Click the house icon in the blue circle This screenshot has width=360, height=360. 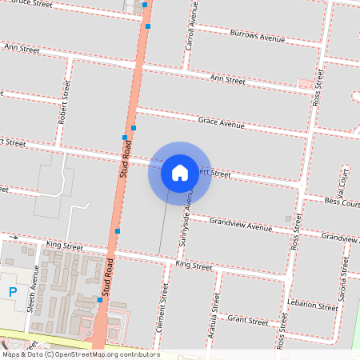pos(180,173)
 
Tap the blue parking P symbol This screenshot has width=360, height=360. pos(12,292)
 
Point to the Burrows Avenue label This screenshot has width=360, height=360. pos(257,37)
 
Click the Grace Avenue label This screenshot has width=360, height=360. pos(222,123)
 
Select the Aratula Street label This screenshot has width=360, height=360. pos(215,312)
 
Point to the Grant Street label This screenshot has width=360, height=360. pos(247,321)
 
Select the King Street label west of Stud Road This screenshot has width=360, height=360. pos(64,246)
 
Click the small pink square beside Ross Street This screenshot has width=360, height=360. pos(304,83)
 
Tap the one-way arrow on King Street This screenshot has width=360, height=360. pos(14,238)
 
